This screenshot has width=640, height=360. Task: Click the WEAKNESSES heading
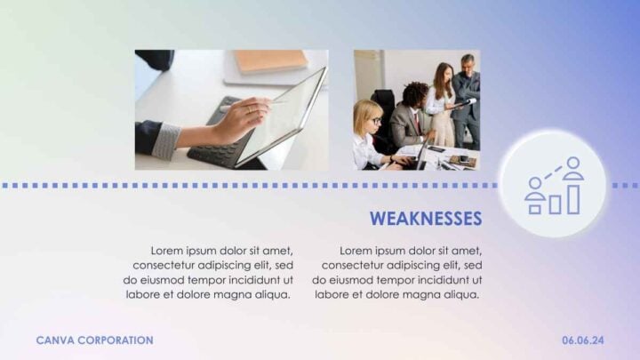425,219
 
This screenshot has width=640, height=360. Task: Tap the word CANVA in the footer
54,340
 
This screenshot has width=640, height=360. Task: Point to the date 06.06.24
583,340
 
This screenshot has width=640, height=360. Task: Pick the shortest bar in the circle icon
535,209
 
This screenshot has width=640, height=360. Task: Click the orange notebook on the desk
270,60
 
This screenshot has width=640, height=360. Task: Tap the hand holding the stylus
236,120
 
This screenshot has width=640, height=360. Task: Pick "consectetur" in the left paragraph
166,265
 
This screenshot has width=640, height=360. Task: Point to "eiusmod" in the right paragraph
352,279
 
